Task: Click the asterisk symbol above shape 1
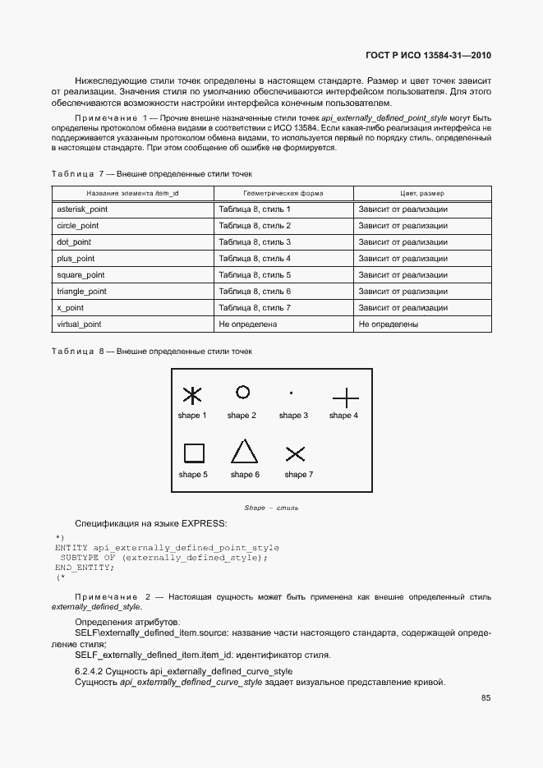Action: point(191,396)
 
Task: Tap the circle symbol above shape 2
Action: point(242,393)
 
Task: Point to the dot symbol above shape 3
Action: point(292,393)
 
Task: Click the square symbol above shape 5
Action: point(193,453)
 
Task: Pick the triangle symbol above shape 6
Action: point(244,453)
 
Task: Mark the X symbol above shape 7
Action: point(295,453)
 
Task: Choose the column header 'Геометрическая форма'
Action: point(284,193)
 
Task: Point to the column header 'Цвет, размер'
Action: point(422,193)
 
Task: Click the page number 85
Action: point(486,699)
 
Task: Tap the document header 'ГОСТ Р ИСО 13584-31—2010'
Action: point(428,56)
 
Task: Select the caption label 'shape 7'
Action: point(298,475)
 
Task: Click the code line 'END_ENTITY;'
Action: point(85,568)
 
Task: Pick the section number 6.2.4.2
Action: point(92,671)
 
